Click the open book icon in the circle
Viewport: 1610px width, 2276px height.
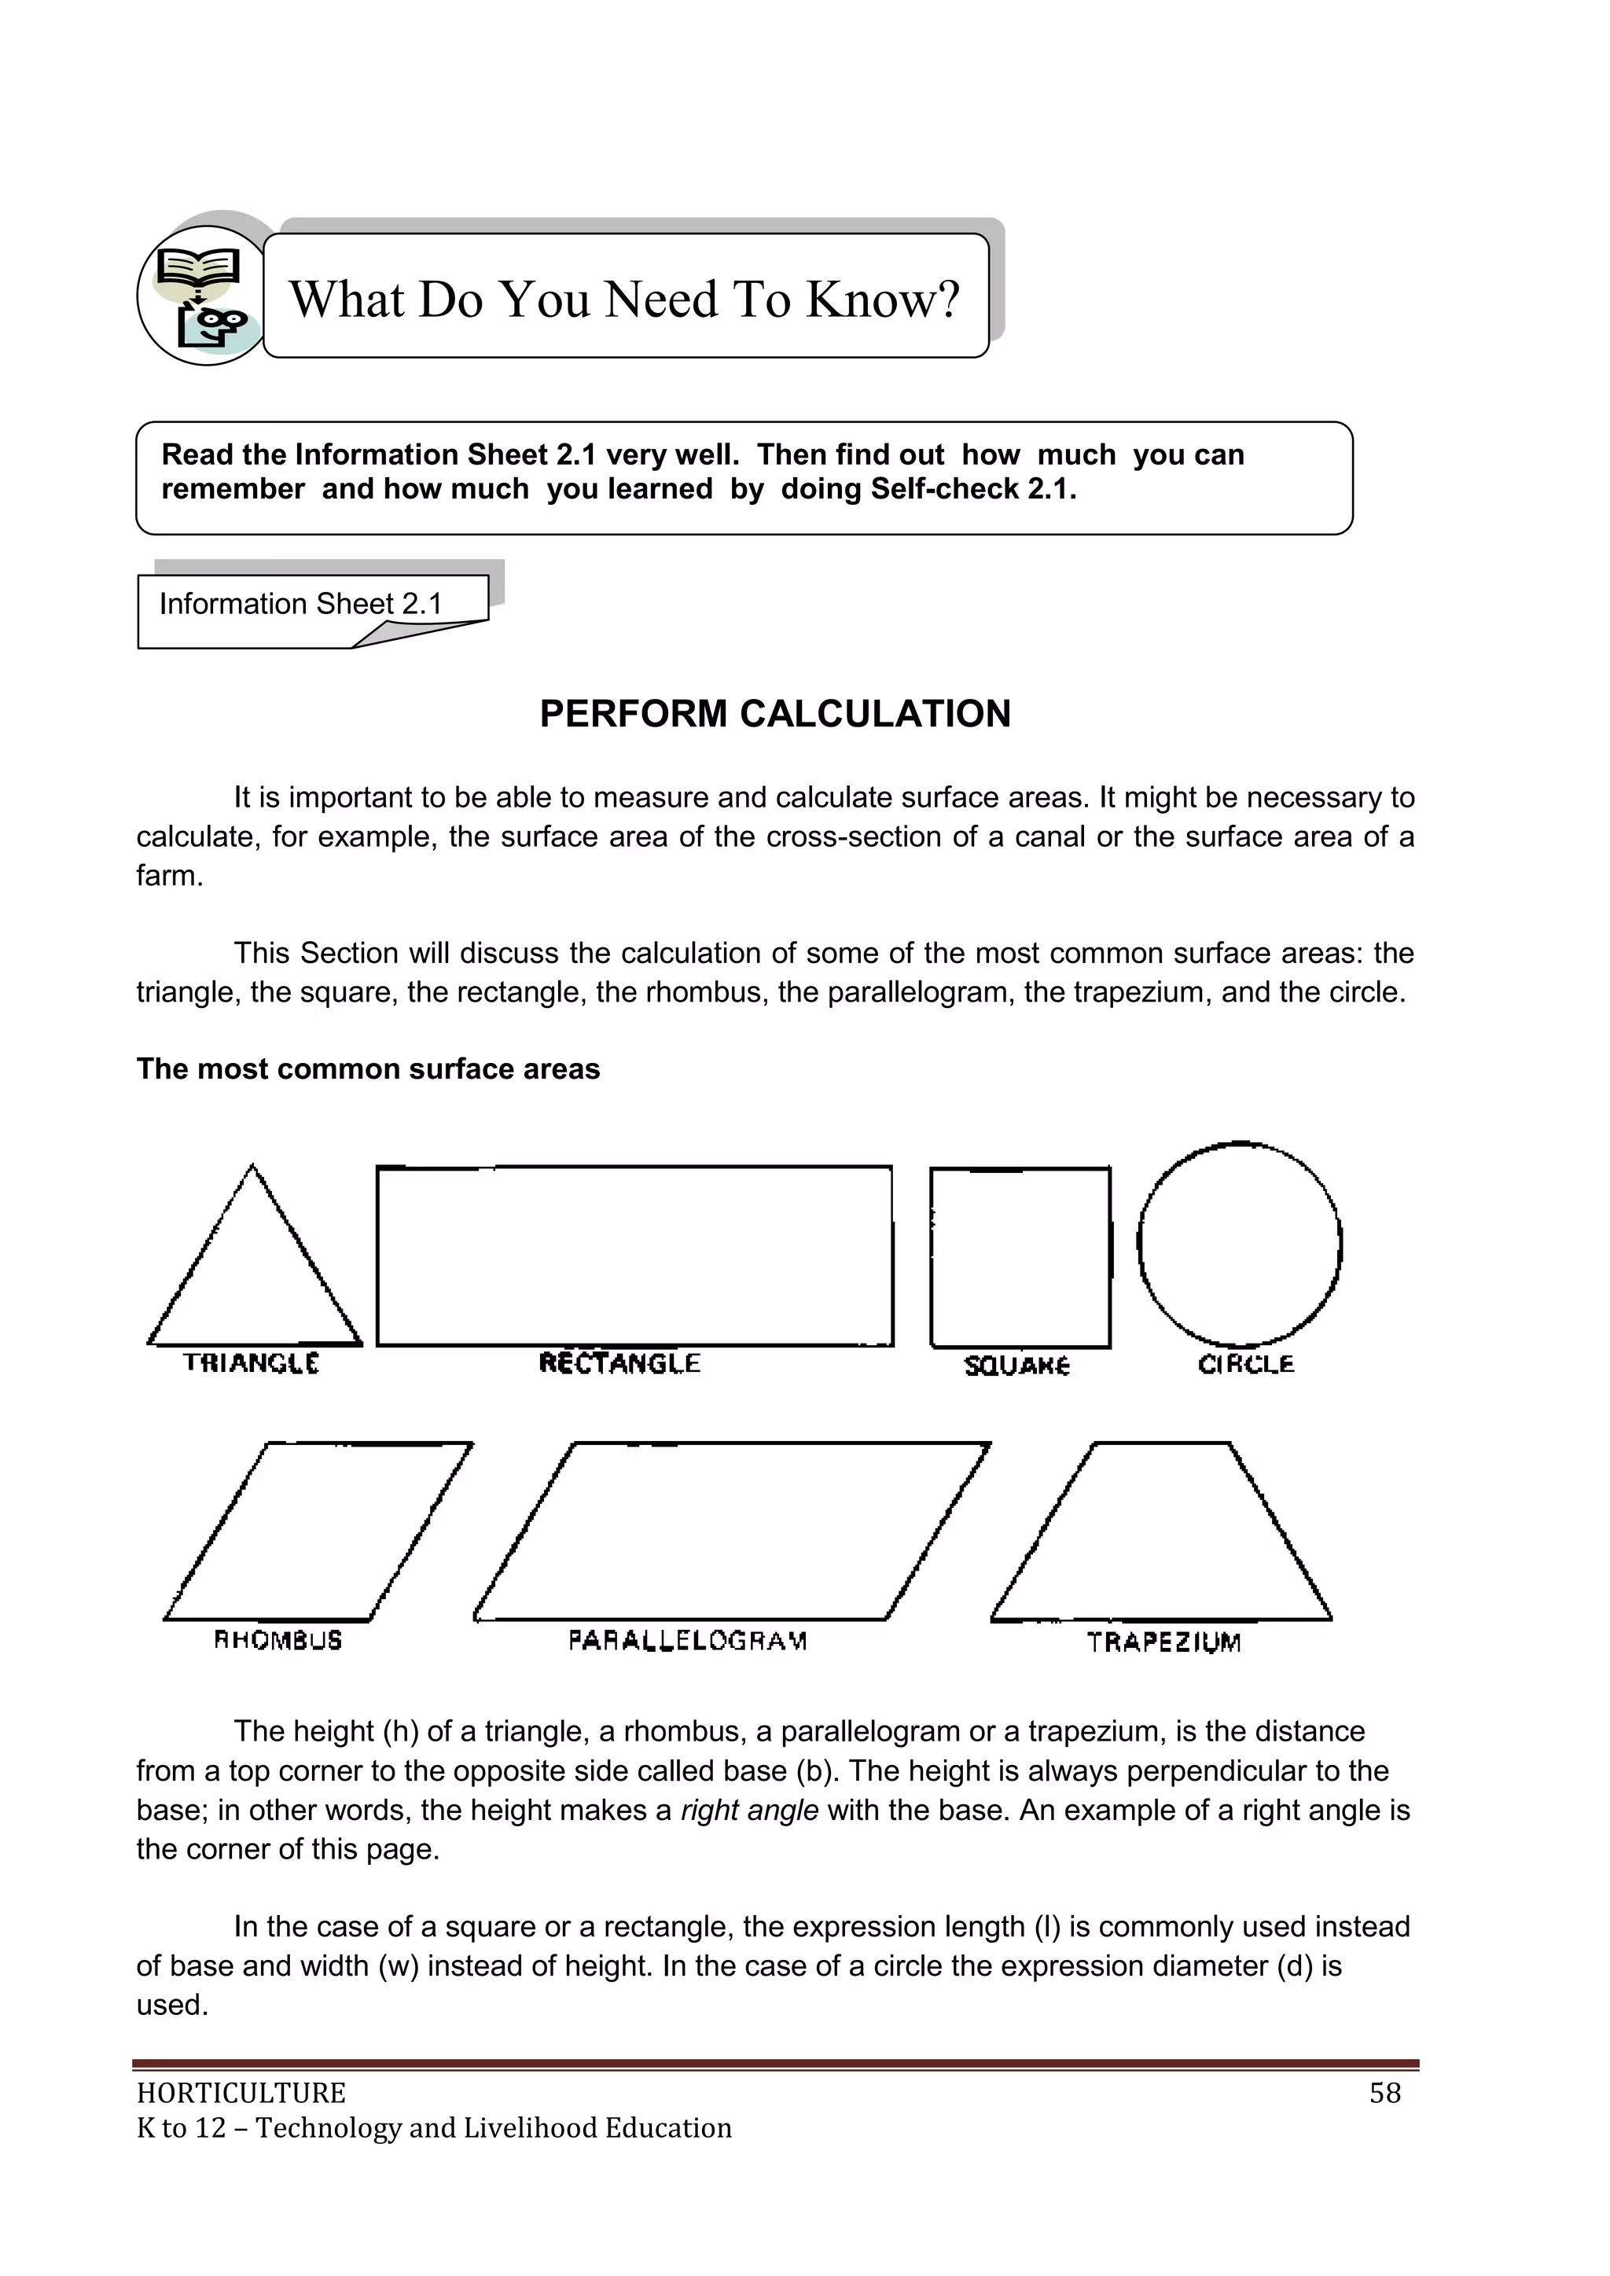tap(198, 266)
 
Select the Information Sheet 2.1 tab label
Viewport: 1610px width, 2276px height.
tap(300, 604)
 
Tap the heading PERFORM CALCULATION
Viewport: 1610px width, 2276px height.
tap(774, 714)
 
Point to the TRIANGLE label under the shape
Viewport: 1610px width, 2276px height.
tap(251, 1363)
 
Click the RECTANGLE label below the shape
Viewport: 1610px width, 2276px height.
tap(619, 1363)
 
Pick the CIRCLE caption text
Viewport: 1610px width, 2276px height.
tap(1246, 1365)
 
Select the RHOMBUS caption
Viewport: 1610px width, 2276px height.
tap(278, 1641)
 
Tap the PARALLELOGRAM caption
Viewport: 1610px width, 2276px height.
tap(688, 1641)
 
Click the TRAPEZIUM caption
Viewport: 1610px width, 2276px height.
tap(1164, 1642)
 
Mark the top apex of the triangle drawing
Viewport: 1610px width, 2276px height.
tap(252, 1167)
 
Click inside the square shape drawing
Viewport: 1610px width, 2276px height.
tap(1020, 1257)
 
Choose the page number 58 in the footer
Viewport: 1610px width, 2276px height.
tap(1385, 2093)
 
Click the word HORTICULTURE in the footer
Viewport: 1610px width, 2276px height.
tap(241, 2093)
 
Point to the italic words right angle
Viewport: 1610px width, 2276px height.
tap(749, 1810)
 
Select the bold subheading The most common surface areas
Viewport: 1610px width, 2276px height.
tap(368, 1068)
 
